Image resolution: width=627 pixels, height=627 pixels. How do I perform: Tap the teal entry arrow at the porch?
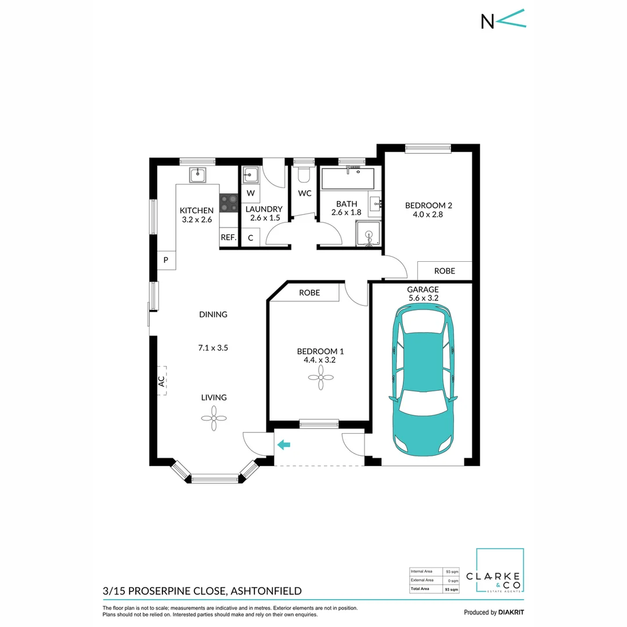click(x=283, y=445)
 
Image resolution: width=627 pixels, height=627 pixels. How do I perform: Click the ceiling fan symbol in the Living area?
click(x=213, y=417)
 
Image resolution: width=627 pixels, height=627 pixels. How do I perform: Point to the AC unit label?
click(x=161, y=381)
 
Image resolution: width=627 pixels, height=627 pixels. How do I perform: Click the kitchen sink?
click(x=198, y=174)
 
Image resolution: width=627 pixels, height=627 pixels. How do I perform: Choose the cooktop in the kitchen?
click(x=229, y=203)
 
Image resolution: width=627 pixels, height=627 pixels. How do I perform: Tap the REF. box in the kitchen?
click(x=228, y=237)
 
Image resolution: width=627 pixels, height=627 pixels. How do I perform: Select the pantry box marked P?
click(x=165, y=260)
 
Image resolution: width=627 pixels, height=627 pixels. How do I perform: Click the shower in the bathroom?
click(x=369, y=233)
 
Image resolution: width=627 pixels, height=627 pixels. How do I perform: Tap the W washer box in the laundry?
click(x=251, y=193)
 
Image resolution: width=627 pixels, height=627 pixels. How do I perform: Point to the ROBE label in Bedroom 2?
click(x=445, y=271)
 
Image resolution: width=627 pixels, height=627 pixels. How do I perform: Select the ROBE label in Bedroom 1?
click(x=309, y=293)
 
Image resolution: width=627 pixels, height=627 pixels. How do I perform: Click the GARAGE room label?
click(x=423, y=289)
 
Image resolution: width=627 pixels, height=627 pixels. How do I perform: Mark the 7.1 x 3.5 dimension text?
click(x=214, y=348)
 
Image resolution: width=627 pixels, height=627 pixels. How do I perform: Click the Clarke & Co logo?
click(x=500, y=572)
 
